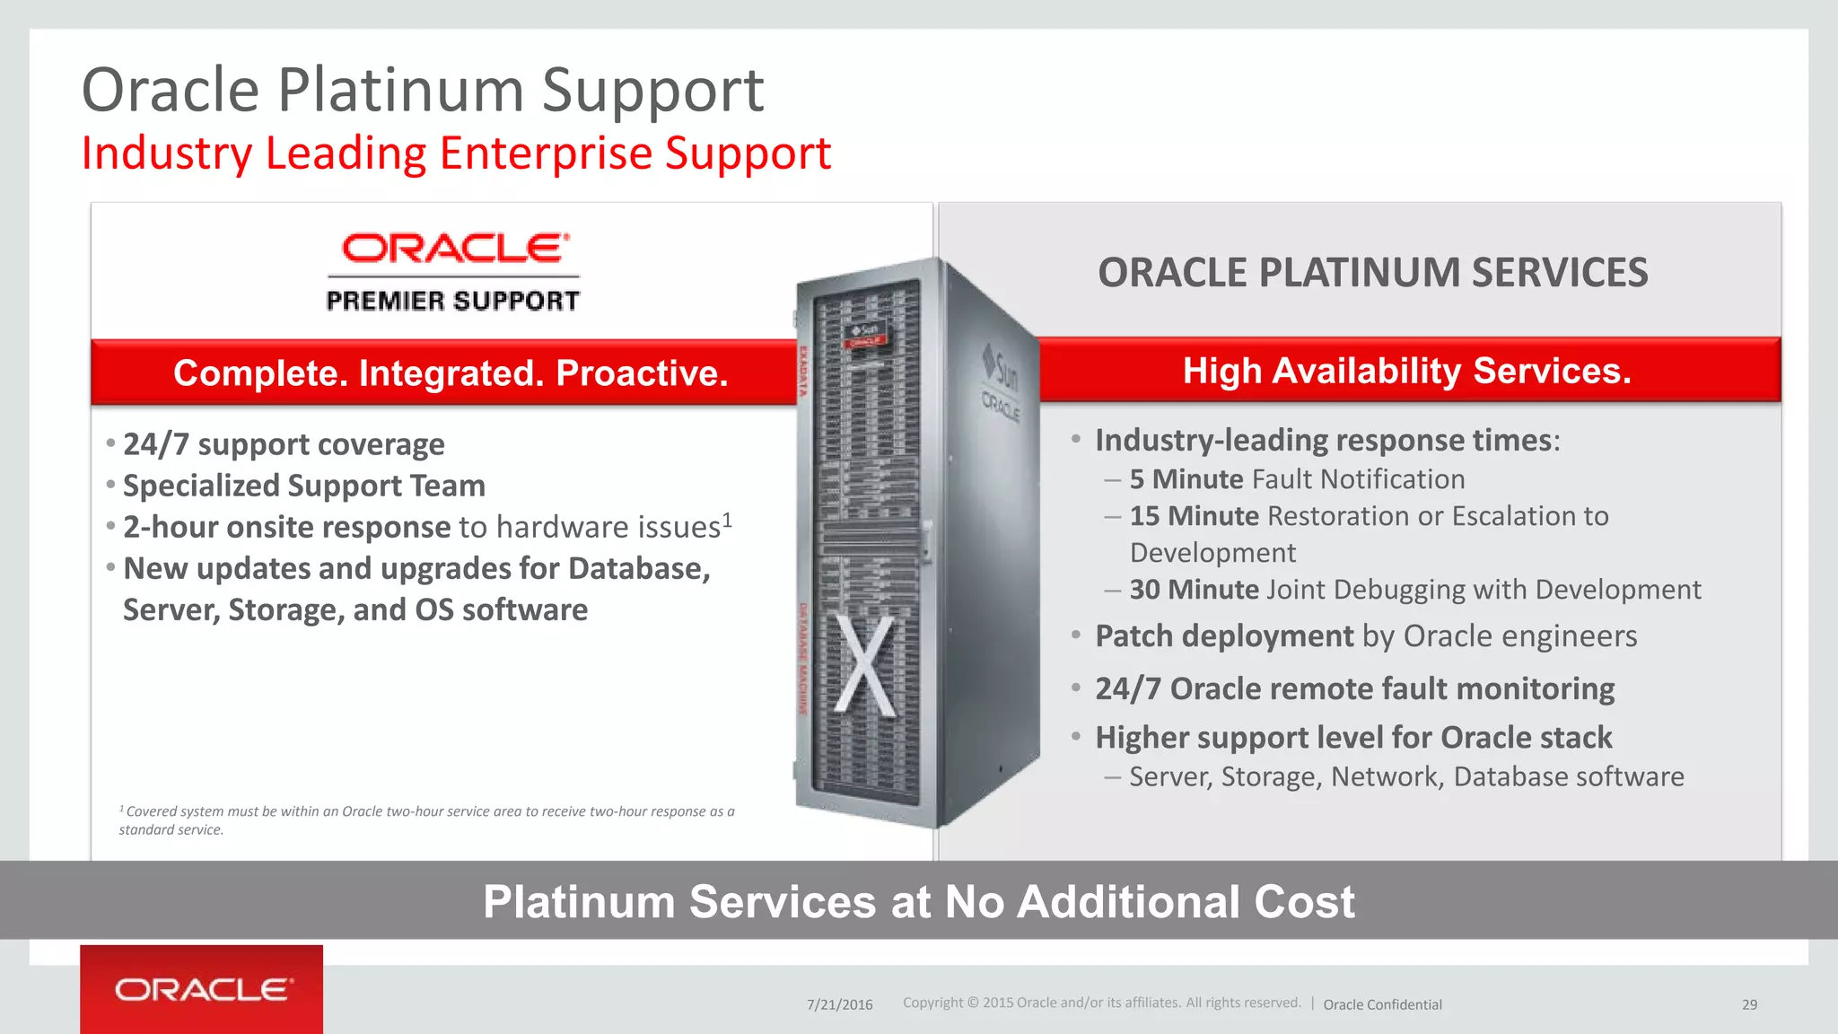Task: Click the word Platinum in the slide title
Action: click(x=399, y=91)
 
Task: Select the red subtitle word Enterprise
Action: click(x=545, y=153)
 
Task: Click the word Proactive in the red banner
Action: click(x=642, y=373)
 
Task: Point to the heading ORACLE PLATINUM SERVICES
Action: click(x=1372, y=273)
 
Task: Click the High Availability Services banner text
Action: click(x=1406, y=371)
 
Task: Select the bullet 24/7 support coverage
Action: click(x=284, y=444)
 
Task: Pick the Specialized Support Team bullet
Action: click(x=303, y=486)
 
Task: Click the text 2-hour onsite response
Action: click(x=287, y=527)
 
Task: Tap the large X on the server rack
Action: click(x=865, y=665)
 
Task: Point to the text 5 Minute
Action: click(x=1186, y=479)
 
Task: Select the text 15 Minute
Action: click(x=1194, y=516)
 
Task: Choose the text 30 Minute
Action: click(x=1194, y=590)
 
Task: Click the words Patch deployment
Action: click(x=1224, y=636)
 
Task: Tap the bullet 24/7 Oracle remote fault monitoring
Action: click(x=1354, y=688)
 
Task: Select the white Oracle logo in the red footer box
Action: click(x=203, y=990)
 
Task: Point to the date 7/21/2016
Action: click(x=839, y=1004)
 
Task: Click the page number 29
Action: click(x=1749, y=1004)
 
